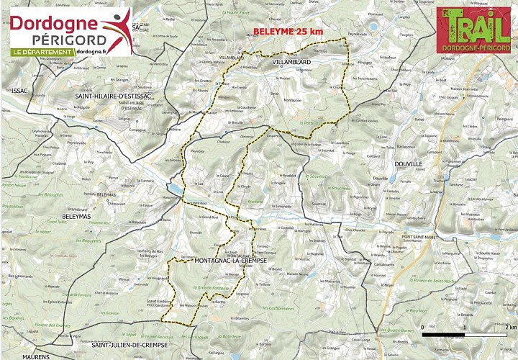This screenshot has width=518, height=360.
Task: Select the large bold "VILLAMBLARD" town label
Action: click(x=291, y=63)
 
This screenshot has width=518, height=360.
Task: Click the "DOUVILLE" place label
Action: click(x=408, y=163)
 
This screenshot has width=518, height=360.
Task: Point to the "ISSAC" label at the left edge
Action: click(x=17, y=90)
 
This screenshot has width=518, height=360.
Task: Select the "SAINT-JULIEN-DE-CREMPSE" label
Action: click(x=129, y=346)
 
